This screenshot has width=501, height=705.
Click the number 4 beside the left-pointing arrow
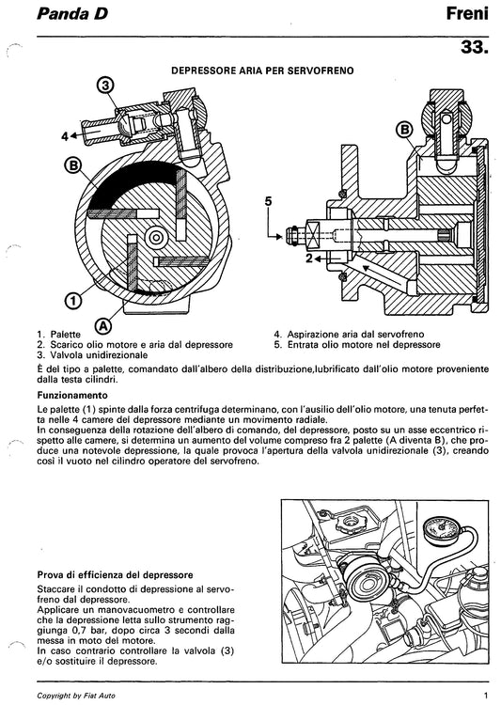[66, 136]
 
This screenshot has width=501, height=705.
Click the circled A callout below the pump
[103, 325]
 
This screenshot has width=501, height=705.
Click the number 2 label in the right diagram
[308, 256]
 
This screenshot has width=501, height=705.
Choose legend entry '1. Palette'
[59, 334]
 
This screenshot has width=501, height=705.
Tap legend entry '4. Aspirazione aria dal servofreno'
[349, 334]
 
